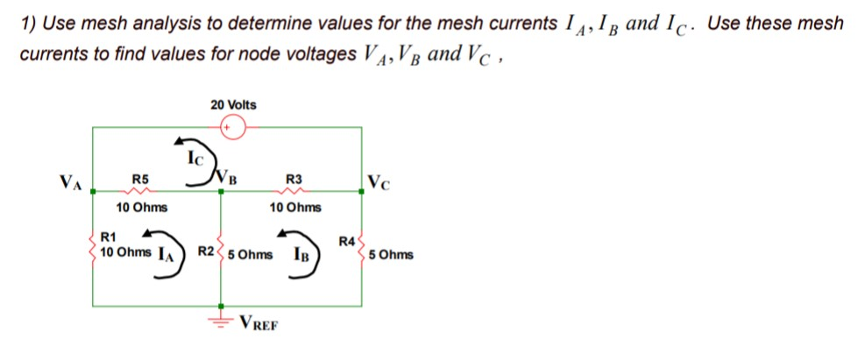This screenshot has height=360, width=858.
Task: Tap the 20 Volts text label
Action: pos(234,105)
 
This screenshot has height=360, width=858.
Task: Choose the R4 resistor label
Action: pos(347,241)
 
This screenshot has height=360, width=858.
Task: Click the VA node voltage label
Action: pos(71,183)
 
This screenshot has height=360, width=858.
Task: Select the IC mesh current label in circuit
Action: pos(195,159)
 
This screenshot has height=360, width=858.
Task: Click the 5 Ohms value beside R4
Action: pos(391,256)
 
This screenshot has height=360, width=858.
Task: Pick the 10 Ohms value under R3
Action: pos(295,208)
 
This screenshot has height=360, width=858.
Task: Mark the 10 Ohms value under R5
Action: pos(142,208)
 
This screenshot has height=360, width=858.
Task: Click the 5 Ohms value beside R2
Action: pos(250,256)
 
